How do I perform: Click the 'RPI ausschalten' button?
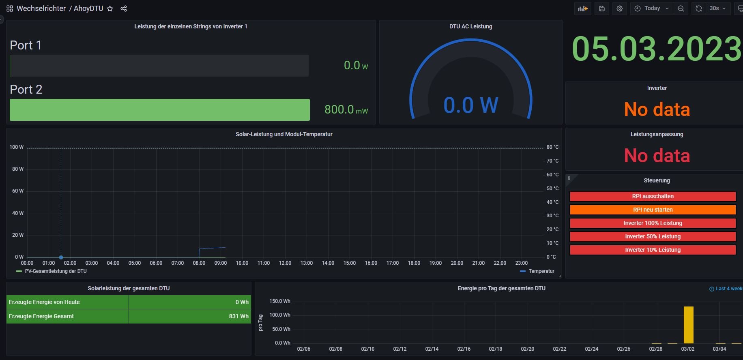coord(653,196)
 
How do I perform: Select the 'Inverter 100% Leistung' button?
coord(653,223)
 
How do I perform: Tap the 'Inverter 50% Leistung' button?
coord(653,236)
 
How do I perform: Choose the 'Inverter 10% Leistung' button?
coord(653,250)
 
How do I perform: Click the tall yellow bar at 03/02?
coord(688,325)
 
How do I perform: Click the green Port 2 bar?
coord(159,110)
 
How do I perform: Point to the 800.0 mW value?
coord(346,109)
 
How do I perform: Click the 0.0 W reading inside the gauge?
coord(470,105)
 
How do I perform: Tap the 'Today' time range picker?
coord(652,9)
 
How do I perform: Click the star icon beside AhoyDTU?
coord(110,9)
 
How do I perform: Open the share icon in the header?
coord(124,9)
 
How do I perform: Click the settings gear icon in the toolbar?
coord(620,9)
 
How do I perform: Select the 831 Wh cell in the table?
coord(238,316)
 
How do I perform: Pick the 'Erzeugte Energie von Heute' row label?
coord(44,302)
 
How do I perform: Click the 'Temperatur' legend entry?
coord(541,271)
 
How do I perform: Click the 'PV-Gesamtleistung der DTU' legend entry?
coord(56,271)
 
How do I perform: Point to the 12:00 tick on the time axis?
coord(285,263)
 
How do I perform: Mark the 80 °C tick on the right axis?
coord(552,147)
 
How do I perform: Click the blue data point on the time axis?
coord(61,257)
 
